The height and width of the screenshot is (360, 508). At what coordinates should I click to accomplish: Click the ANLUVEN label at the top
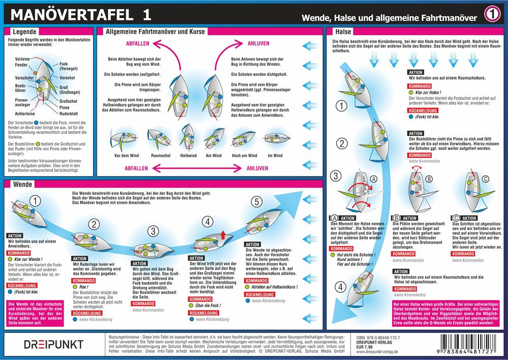(x=259, y=44)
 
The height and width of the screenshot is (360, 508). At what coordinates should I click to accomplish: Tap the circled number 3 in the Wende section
(x=151, y=230)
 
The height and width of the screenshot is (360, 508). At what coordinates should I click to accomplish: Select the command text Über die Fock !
(x=209, y=306)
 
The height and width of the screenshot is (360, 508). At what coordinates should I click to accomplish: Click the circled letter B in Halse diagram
(x=429, y=178)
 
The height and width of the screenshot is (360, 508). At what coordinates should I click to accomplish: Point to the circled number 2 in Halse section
(x=342, y=143)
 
